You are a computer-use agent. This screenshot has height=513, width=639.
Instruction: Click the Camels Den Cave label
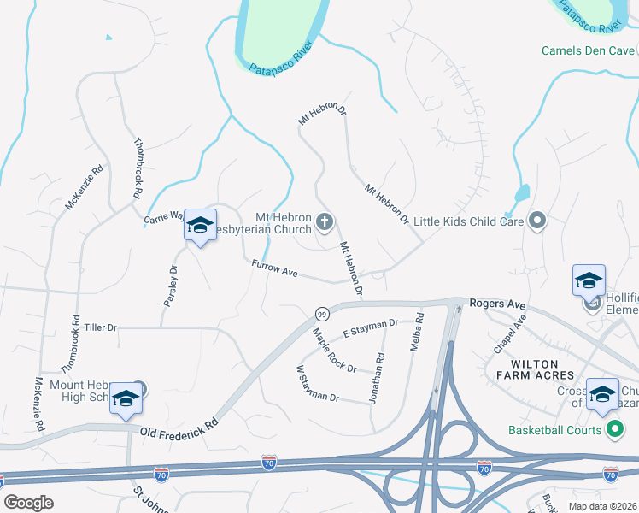[x=588, y=50]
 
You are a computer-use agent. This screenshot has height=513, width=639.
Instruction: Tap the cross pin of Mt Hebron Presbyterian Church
[x=324, y=223]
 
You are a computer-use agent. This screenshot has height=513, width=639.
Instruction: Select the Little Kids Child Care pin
[x=537, y=221]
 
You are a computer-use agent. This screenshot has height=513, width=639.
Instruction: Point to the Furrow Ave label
[x=274, y=270]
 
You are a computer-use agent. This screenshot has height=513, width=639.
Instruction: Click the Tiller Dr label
[x=100, y=327]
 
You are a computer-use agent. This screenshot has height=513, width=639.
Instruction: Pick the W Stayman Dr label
[x=317, y=386]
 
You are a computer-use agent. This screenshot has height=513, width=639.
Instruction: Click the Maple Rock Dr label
[x=334, y=351]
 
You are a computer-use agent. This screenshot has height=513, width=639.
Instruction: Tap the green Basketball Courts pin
[x=613, y=430]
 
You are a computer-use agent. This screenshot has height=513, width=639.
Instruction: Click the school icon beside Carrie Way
[x=200, y=226]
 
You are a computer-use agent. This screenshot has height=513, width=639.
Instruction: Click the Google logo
[x=28, y=503]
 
